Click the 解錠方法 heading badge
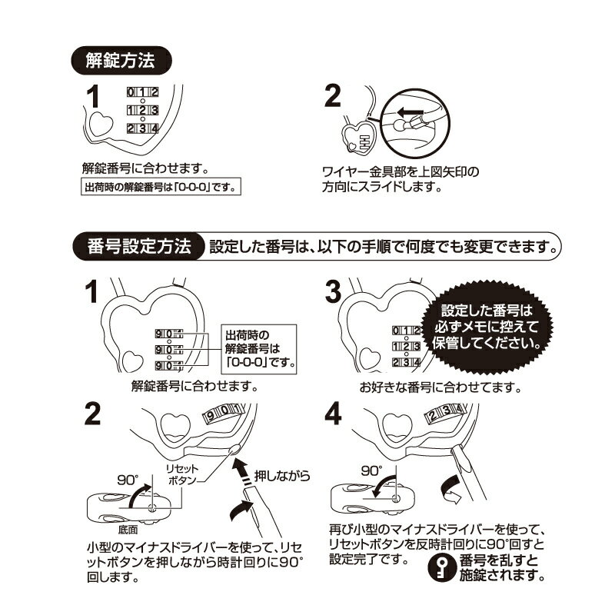point(121,61)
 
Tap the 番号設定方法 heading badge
point(139,247)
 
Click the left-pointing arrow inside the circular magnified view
point(410,113)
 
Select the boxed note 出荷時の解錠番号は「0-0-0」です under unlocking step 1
point(161,187)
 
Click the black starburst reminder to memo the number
point(487,327)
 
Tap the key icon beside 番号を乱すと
point(441,567)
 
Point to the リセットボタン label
point(182,474)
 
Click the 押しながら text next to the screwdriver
point(281,476)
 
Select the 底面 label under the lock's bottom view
point(128,530)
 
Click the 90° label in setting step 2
point(128,480)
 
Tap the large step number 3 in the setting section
point(334,292)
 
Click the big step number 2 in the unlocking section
point(333,96)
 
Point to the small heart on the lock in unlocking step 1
point(101,124)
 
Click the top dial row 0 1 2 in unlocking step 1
point(142,92)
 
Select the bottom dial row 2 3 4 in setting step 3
point(407,362)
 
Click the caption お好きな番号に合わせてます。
point(440,387)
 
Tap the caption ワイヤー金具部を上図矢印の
point(401,171)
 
